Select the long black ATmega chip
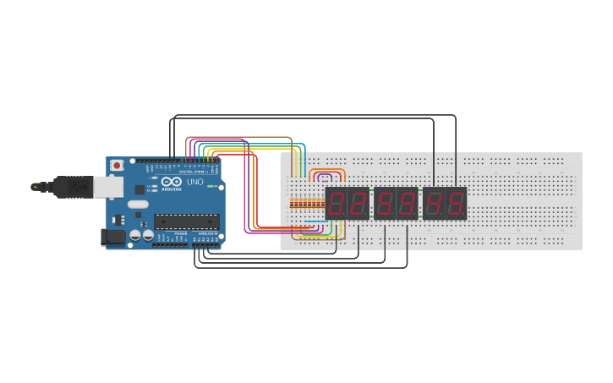(x=185, y=222)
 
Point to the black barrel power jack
(x=113, y=238)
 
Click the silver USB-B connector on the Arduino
(x=107, y=186)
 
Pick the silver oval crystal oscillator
(x=137, y=204)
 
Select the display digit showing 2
(x=358, y=203)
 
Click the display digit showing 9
(x=408, y=203)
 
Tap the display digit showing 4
(x=434, y=203)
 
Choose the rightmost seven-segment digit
(x=456, y=203)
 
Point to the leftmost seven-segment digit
(x=337, y=203)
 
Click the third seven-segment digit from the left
(x=386, y=203)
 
